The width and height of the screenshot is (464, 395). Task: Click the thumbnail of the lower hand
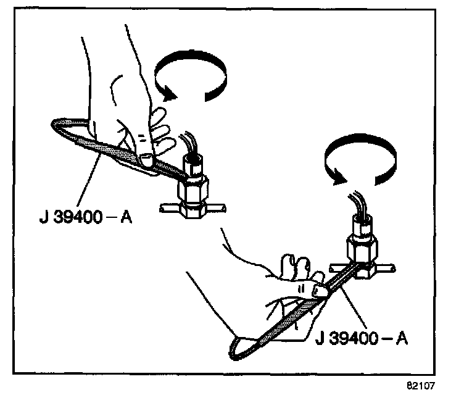pos(320,289)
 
